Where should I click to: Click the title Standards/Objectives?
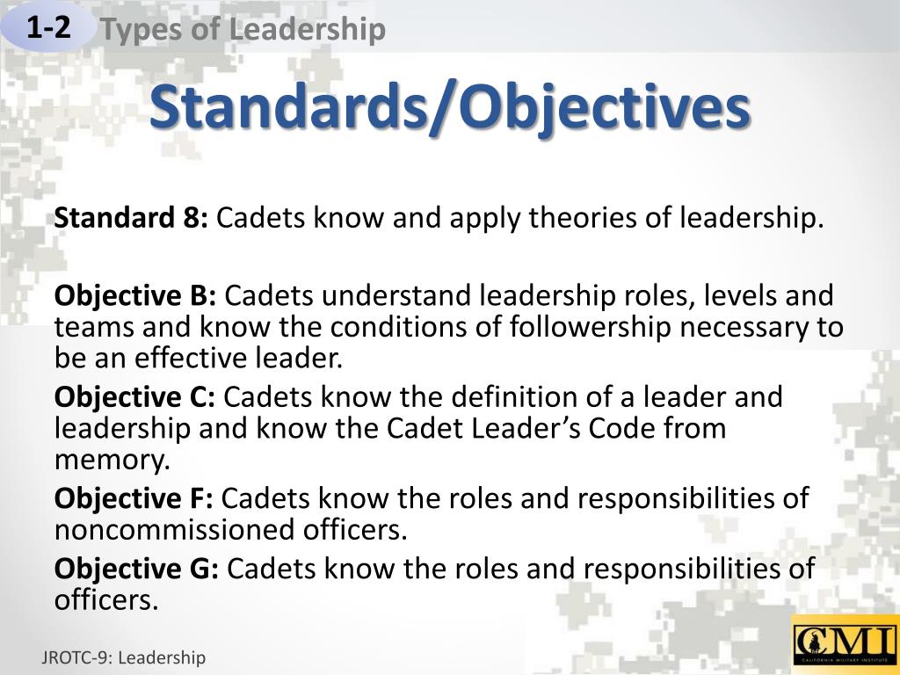[450, 108]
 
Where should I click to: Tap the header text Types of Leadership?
[242, 30]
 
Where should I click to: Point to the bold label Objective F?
[134, 498]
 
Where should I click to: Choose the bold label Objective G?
[136, 568]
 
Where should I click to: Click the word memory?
[109, 460]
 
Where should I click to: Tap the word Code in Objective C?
[605, 429]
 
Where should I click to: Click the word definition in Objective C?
[515, 397]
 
